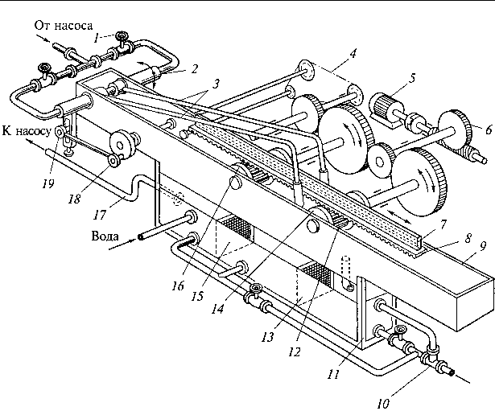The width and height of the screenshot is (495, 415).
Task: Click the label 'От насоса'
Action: pos(64,26)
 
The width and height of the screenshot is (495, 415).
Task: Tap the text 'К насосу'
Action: pos(27,130)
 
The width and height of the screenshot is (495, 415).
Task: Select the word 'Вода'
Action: pos(105,236)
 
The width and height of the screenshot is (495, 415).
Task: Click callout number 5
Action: pos(412,78)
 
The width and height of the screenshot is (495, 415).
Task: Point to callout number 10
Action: pos(382,404)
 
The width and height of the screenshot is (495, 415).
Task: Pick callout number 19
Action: pos(48,183)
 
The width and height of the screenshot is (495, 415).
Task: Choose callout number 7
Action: pos(443,224)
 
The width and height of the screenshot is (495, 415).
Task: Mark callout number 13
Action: pos(267,338)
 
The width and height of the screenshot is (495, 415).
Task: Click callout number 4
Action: pos(353,54)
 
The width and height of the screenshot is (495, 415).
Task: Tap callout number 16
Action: pos(178,286)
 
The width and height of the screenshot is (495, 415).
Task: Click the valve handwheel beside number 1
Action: pos(121,36)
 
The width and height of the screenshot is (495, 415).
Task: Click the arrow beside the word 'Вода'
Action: pos(122,244)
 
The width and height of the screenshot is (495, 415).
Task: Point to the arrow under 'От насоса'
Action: pos(43,39)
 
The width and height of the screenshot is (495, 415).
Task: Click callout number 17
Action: pos(100,215)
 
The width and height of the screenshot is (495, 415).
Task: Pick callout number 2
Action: pos(194,68)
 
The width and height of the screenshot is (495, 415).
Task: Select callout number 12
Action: pos(295,351)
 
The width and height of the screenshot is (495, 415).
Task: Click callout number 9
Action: pos(483,246)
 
